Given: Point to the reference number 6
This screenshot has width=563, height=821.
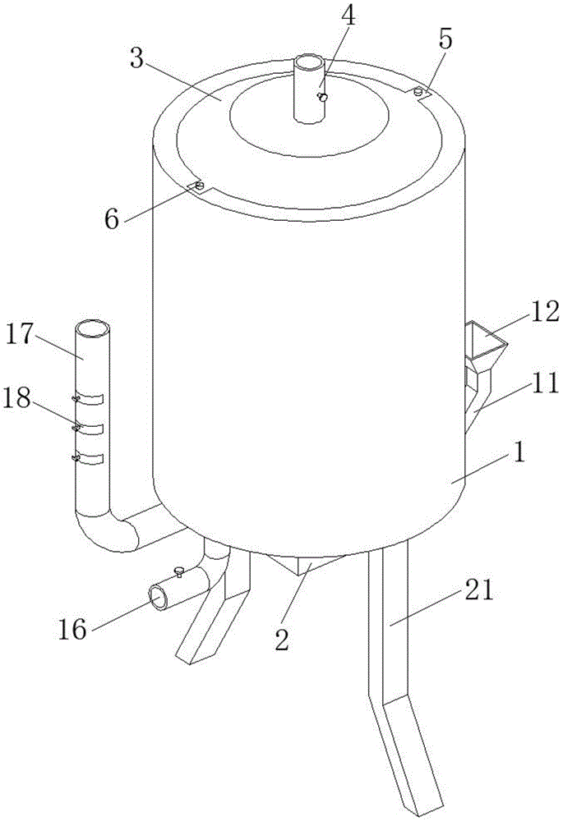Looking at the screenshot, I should (113, 219).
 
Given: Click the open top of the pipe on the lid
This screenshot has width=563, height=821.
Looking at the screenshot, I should (310, 62).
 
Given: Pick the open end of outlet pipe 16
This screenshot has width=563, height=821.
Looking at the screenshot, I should (159, 597).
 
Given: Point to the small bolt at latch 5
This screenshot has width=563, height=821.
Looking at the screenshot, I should (418, 91).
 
